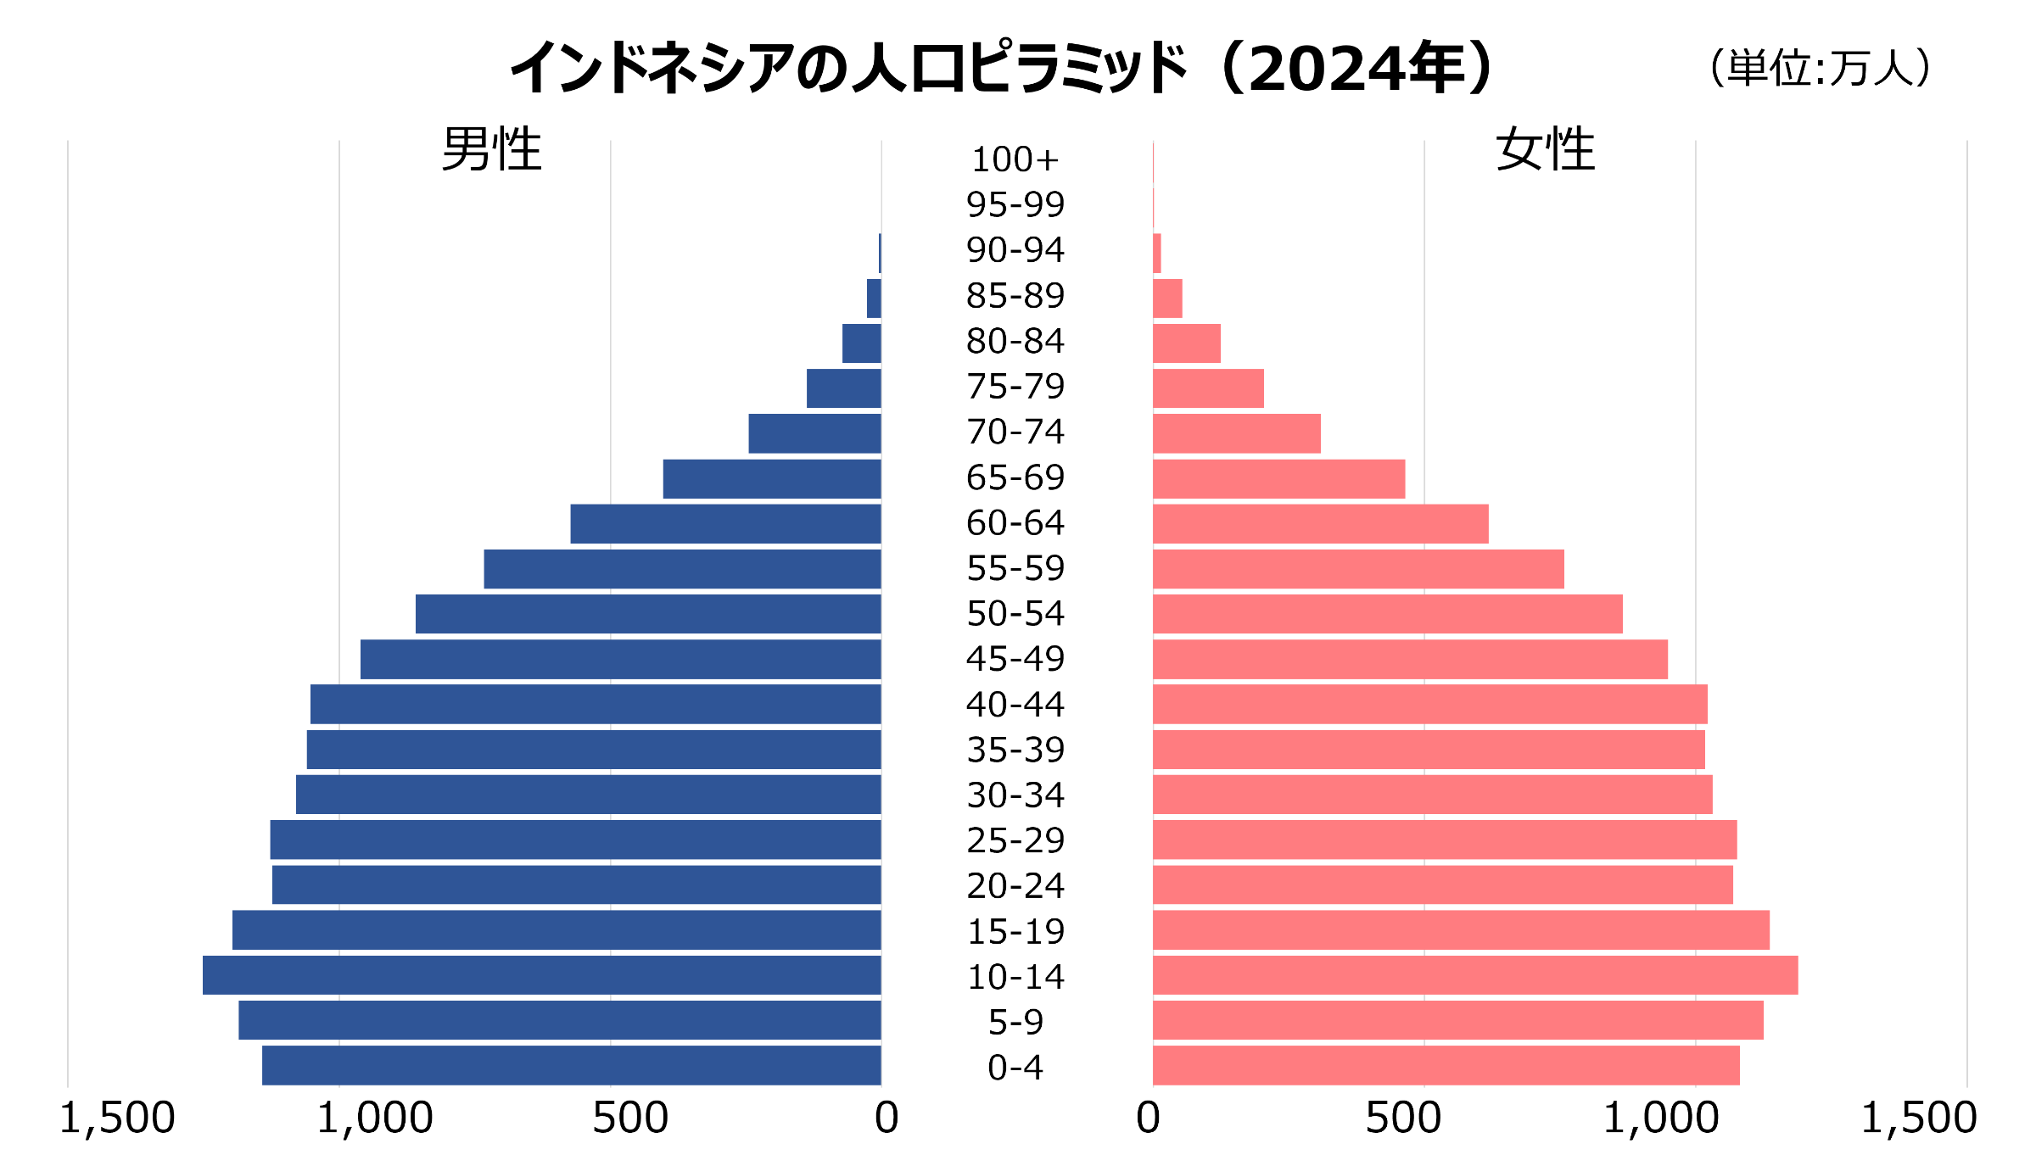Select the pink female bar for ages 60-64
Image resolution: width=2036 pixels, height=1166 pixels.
pyautogui.click(x=1320, y=524)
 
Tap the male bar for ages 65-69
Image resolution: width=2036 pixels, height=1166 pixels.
pyautogui.click(x=772, y=479)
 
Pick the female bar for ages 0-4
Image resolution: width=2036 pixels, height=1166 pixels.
pyautogui.click(x=1446, y=1065)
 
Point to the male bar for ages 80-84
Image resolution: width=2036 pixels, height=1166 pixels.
pyautogui.click(x=862, y=343)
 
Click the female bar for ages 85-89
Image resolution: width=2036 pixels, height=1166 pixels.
pyautogui.click(x=1167, y=298)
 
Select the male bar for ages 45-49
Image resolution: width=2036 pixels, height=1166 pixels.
pyautogui.click(x=620, y=660)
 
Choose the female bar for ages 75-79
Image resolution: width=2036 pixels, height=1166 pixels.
pyautogui.click(x=1208, y=388)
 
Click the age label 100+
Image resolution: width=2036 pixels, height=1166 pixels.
pyautogui.click(x=1015, y=159)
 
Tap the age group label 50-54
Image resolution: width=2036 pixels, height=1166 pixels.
pyautogui.click(x=1015, y=613)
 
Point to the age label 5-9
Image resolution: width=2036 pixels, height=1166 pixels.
pyautogui.click(x=1015, y=1022)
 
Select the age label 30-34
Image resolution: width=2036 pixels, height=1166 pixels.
pyautogui.click(x=1015, y=795)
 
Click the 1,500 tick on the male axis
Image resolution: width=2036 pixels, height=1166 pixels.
pyautogui.click(x=117, y=1118)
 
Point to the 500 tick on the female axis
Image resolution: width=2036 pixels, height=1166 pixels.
pyautogui.click(x=1403, y=1118)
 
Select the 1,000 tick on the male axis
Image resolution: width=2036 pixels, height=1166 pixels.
pyautogui.click(x=374, y=1118)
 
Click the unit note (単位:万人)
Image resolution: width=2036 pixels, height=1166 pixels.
pyautogui.click(x=1821, y=68)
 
